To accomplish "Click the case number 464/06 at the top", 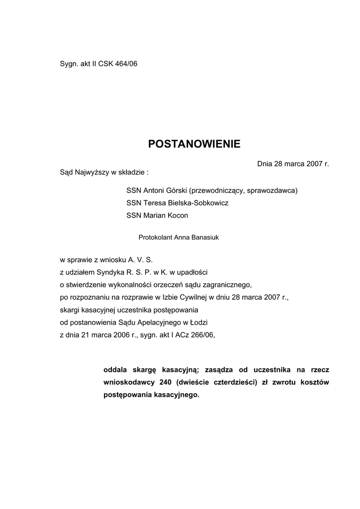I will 126,65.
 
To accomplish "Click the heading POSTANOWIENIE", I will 194,144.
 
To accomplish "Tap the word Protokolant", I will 155,238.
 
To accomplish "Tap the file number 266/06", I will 204,336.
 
